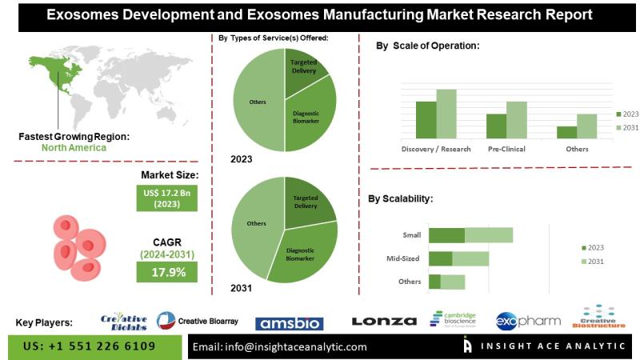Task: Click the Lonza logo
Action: coord(384,322)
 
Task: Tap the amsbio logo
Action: coord(289,323)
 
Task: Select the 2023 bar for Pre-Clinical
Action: coord(496,125)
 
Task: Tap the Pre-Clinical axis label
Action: coord(506,149)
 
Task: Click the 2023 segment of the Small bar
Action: coord(446,235)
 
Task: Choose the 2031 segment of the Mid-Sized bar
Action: coord(470,258)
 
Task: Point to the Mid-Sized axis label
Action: coord(406,258)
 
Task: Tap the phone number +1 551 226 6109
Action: coord(90,346)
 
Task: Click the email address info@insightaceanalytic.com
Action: coord(280,346)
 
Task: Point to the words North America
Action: coord(74,147)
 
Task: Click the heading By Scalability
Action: coord(400,198)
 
